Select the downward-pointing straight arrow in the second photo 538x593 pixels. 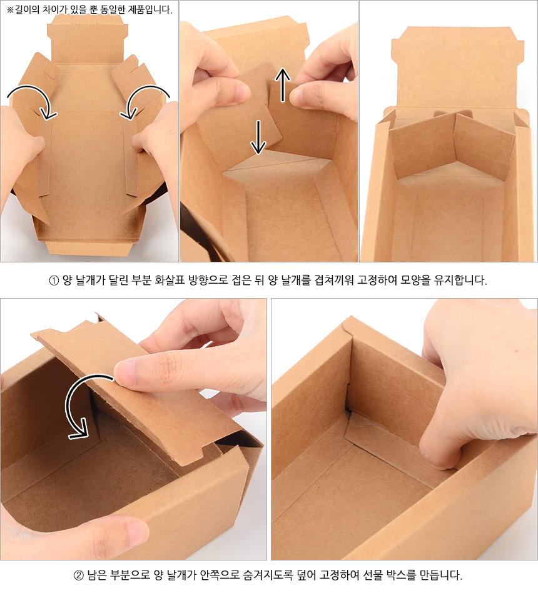coord(258,137)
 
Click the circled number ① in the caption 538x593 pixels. coord(54,281)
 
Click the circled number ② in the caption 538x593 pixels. coord(78,576)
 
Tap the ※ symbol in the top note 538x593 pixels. coord(10,10)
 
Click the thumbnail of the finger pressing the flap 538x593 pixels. coord(124,373)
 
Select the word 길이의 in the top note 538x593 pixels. coord(28,9)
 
